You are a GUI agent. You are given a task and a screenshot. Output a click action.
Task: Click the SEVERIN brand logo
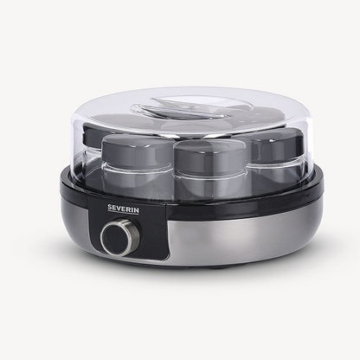pos(123,209)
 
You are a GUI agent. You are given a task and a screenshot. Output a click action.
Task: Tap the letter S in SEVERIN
pos(110,208)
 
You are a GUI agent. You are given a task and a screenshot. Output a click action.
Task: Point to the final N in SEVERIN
pos(136,210)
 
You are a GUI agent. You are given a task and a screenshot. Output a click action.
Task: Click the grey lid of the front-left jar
pos(137,150)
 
